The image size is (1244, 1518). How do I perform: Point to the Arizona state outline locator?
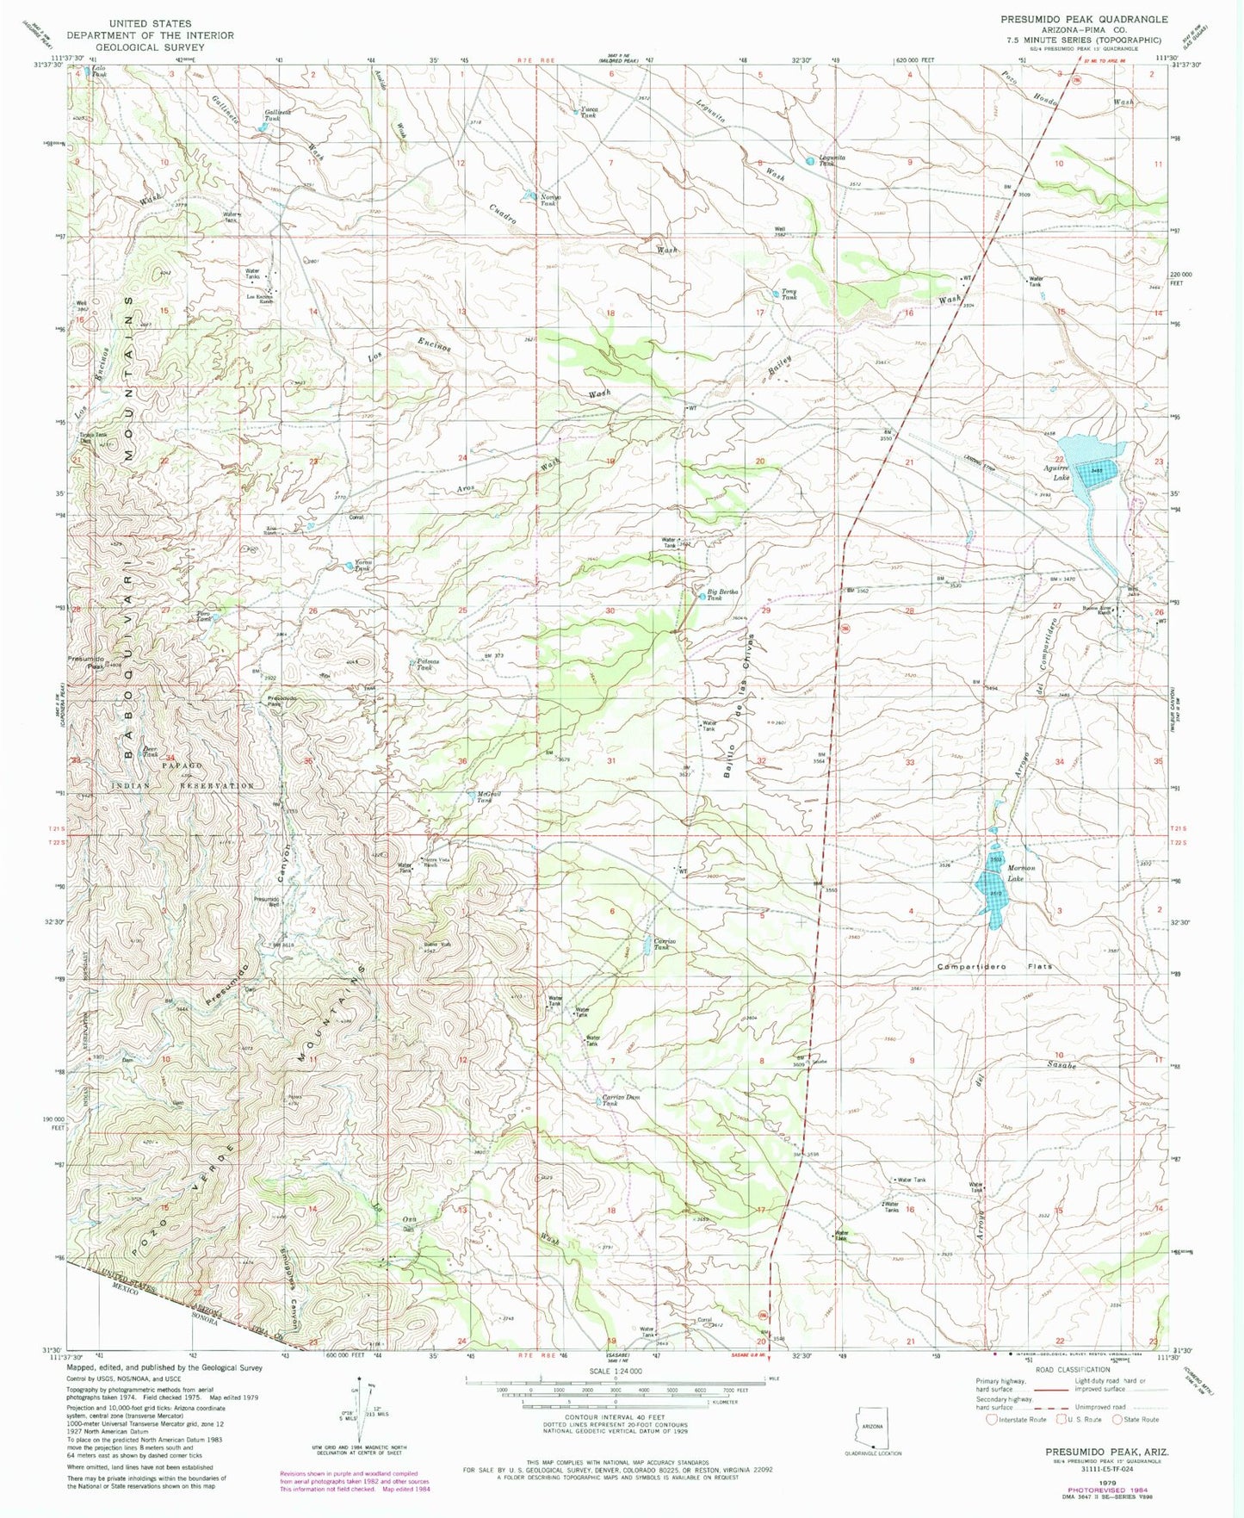871,1433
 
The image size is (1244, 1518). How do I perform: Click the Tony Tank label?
789,294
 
